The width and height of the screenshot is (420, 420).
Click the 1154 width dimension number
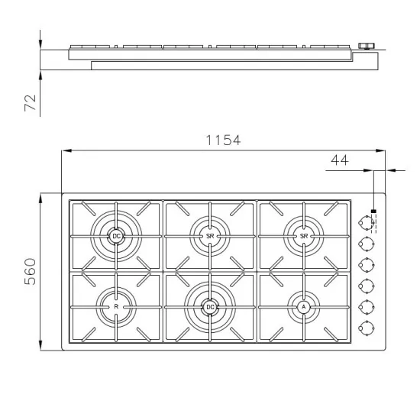pos(223,141)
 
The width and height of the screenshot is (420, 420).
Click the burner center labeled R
pos(116,307)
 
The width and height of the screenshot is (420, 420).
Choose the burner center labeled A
pos(303,307)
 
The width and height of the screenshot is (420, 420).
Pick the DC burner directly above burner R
pos(116,237)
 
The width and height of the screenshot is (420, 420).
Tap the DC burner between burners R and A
pos(209,307)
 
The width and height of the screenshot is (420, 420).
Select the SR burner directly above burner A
pos(303,237)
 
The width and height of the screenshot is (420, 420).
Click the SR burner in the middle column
pos(209,237)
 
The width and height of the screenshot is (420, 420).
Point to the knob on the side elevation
pos(369,47)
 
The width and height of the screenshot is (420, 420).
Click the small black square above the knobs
pos(373,212)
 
